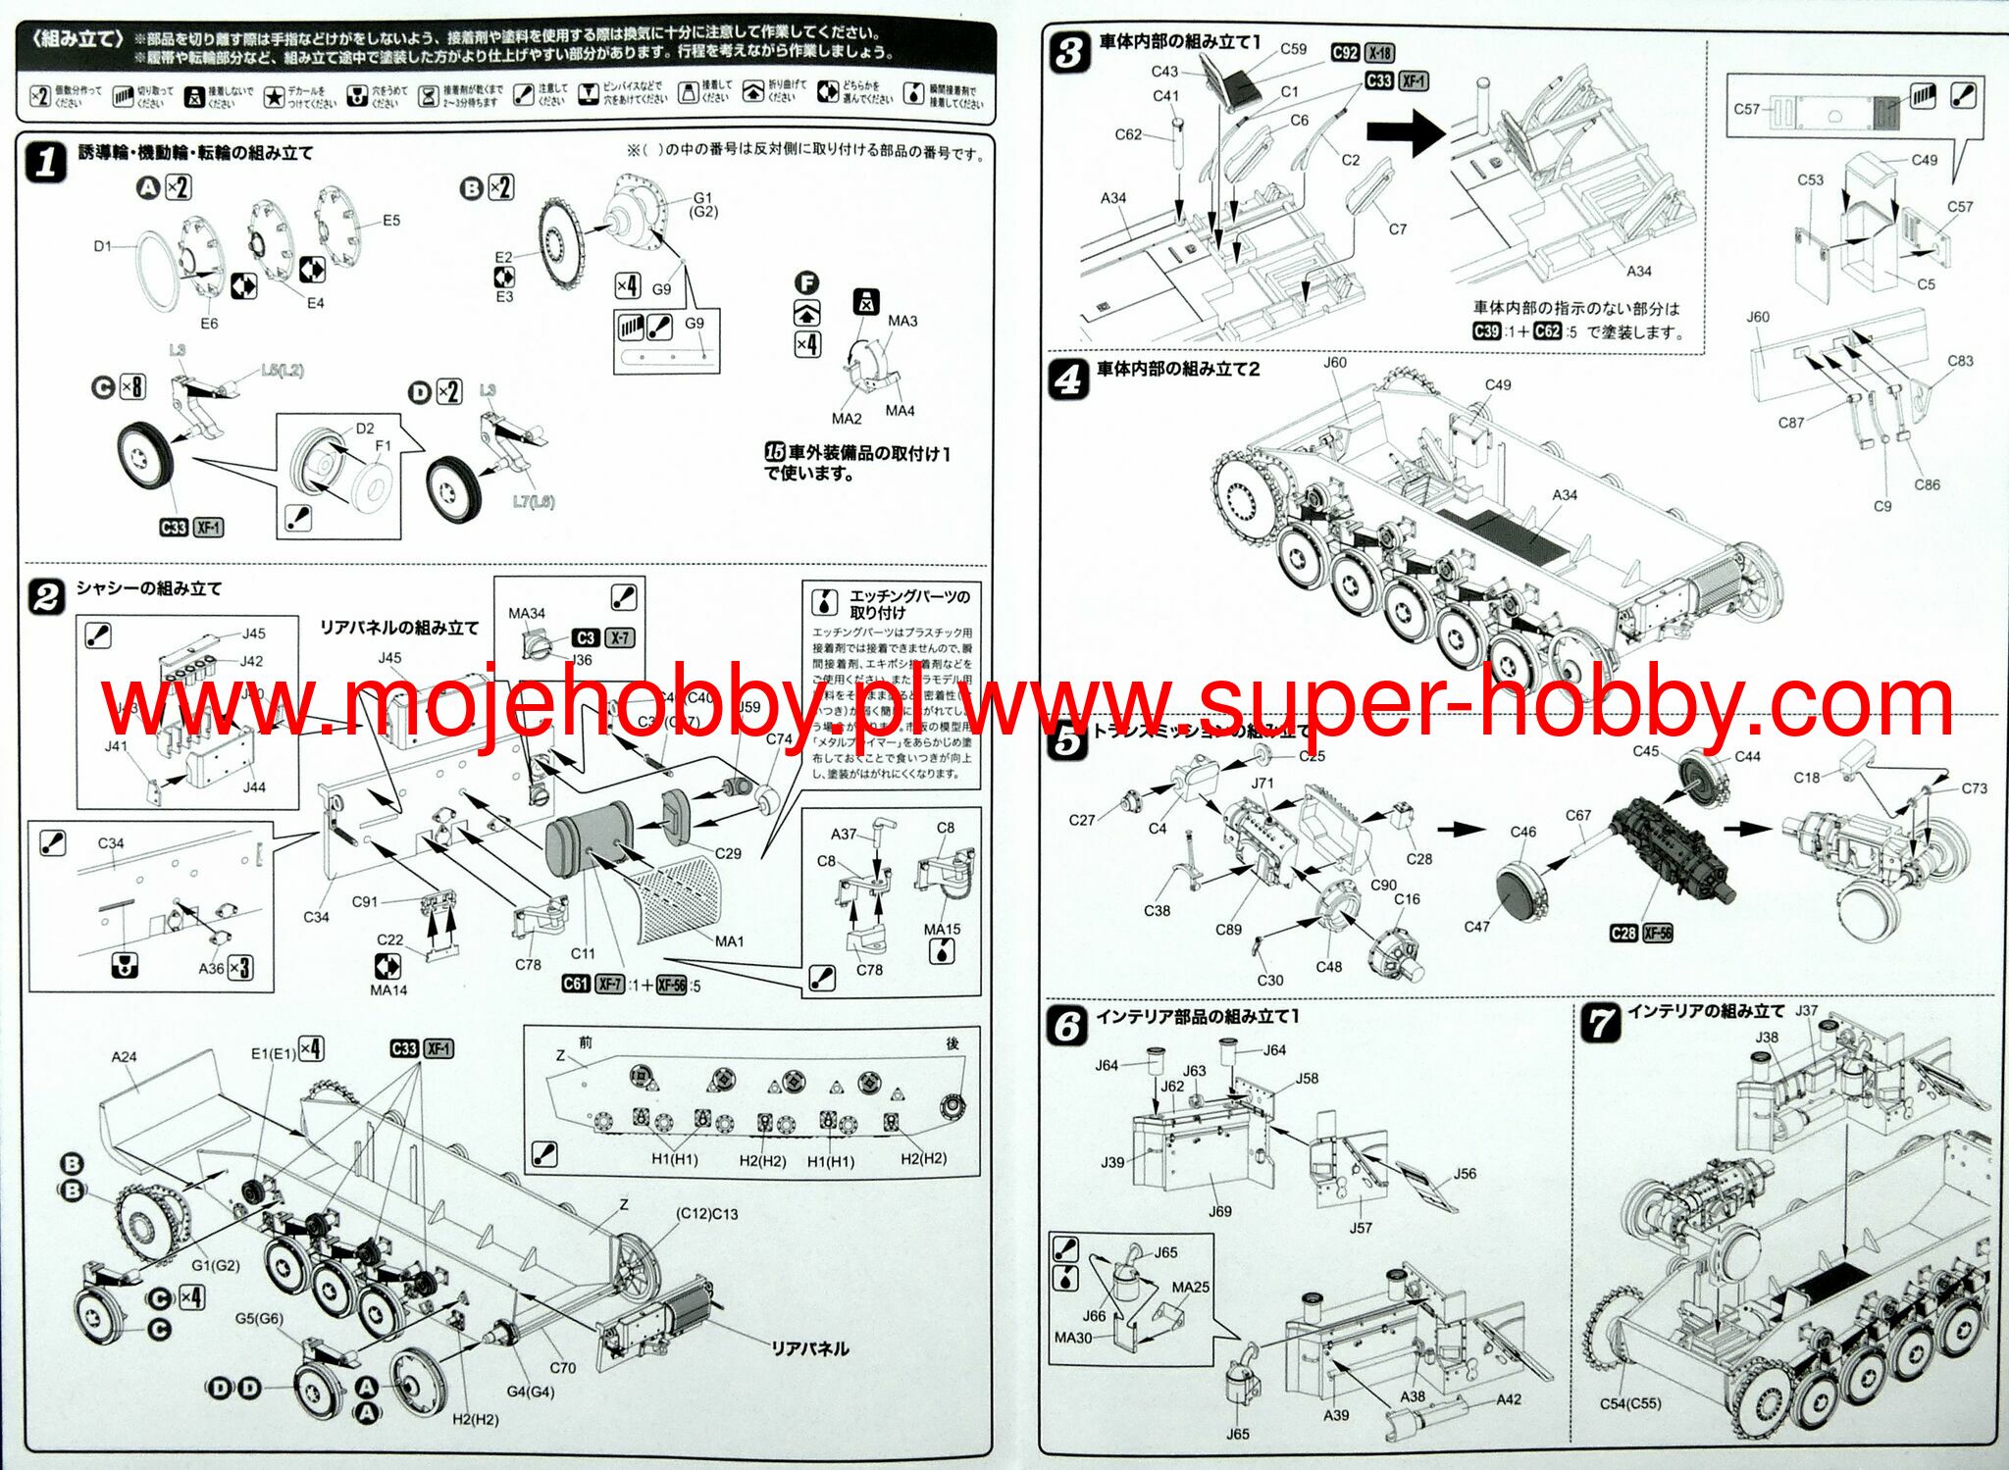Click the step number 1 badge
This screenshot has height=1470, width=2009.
46,163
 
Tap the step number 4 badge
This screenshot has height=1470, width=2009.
1068,379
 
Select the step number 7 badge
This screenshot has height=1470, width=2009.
1600,1023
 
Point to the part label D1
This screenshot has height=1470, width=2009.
103,246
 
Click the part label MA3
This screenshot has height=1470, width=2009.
902,321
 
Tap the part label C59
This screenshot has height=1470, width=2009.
1293,49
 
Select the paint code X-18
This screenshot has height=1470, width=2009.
1379,53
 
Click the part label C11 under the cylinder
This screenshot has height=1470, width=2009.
583,952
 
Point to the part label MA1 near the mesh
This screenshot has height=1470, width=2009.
729,940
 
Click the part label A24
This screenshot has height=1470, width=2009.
125,1056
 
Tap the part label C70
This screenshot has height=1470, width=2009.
562,1367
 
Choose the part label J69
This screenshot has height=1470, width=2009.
1219,1211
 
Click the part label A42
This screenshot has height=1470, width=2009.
1509,1399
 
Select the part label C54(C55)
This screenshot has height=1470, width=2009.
1630,1403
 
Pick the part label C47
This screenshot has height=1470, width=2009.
1476,926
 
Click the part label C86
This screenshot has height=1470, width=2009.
1927,484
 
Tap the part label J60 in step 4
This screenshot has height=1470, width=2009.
1335,362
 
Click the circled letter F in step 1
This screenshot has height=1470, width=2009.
806,283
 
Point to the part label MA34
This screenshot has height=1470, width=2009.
527,613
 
